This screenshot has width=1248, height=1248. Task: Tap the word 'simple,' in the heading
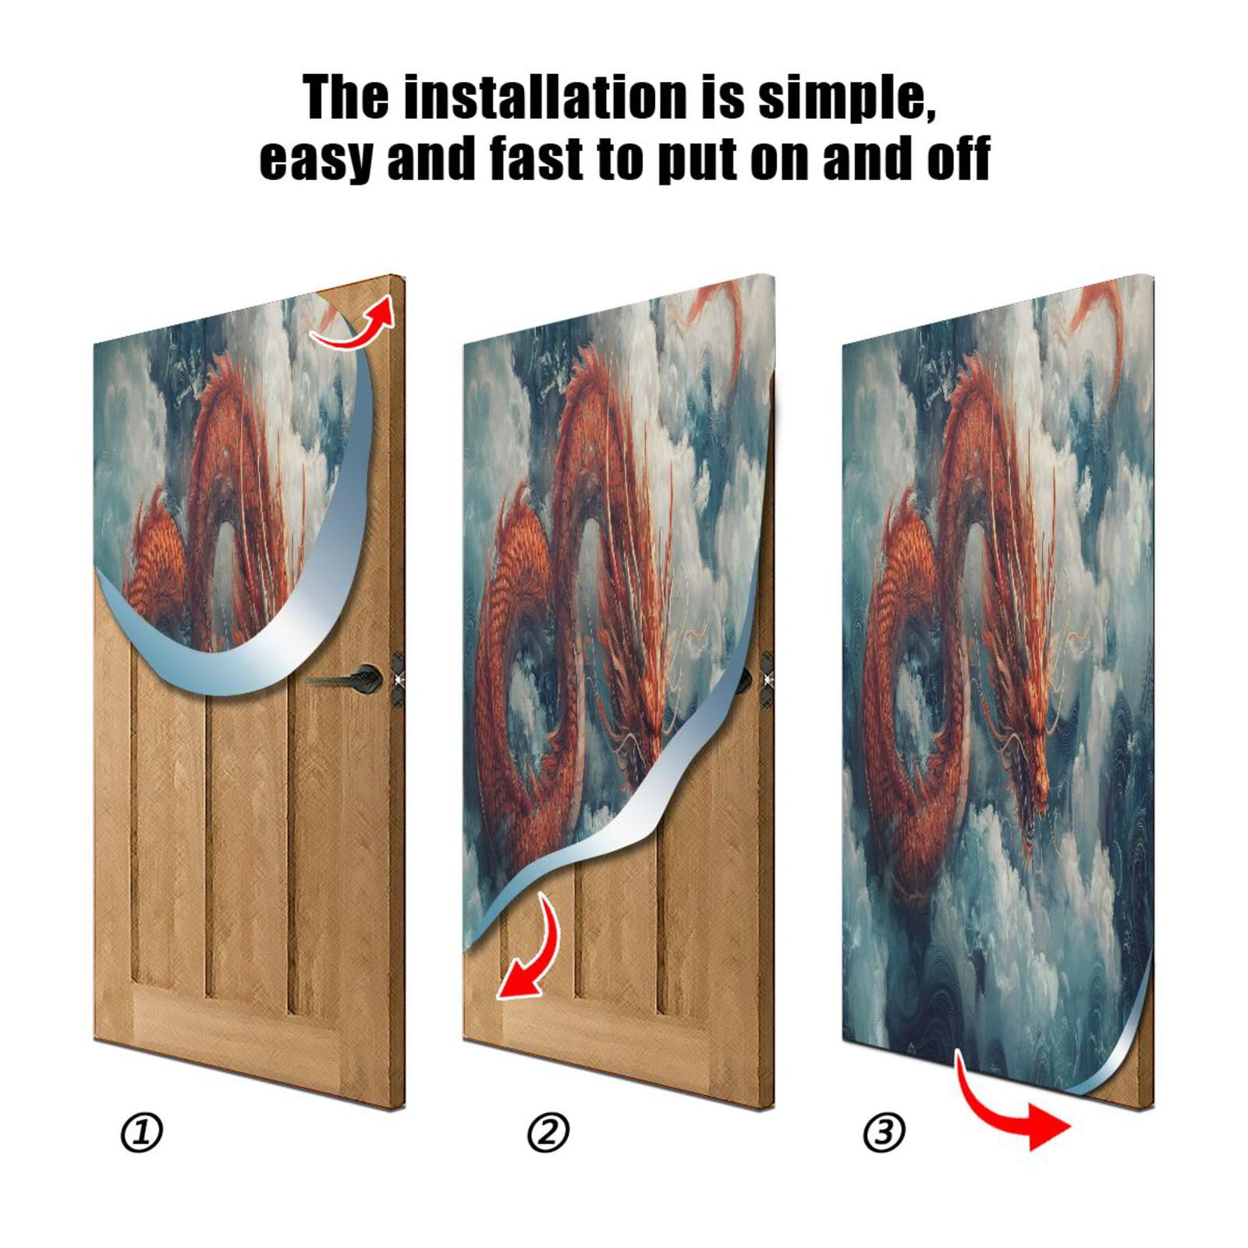pos(847,97)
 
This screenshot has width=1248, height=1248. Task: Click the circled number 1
pos(142,1133)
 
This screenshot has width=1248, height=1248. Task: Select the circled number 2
pos(548,1133)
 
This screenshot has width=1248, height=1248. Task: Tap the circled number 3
pos(885,1133)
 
